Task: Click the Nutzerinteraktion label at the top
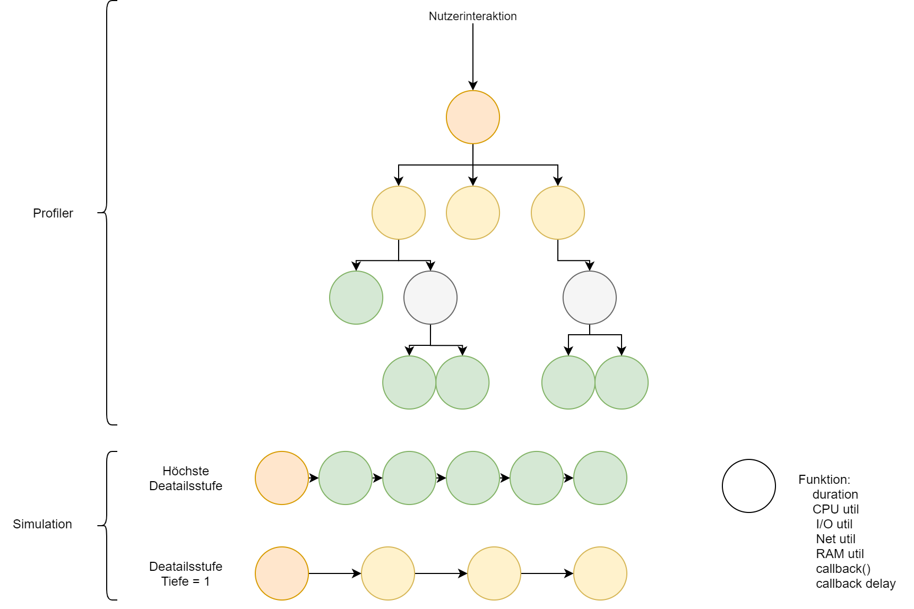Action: point(472,16)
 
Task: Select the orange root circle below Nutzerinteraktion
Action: point(472,117)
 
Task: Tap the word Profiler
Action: point(53,213)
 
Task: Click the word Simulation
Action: point(42,524)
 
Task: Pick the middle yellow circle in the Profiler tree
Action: point(472,213)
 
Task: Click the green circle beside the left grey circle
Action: point(356,298)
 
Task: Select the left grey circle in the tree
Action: point(430,298)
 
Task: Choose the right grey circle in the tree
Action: point(590,298)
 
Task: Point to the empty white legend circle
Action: point(749,486)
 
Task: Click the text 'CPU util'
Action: point(835,509)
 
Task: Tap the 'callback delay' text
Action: point(856,584)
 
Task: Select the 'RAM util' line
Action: point(840,554)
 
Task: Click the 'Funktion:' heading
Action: point(824,480)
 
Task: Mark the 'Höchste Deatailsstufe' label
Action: point(186,478)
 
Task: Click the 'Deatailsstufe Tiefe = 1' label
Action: point(186,574)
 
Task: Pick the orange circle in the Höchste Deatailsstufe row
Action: point(282,478)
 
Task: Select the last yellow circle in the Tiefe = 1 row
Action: point(600,573)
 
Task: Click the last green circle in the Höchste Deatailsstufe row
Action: point(600,478)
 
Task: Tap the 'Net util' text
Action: point(835,539)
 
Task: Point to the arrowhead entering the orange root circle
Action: point(473,86)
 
